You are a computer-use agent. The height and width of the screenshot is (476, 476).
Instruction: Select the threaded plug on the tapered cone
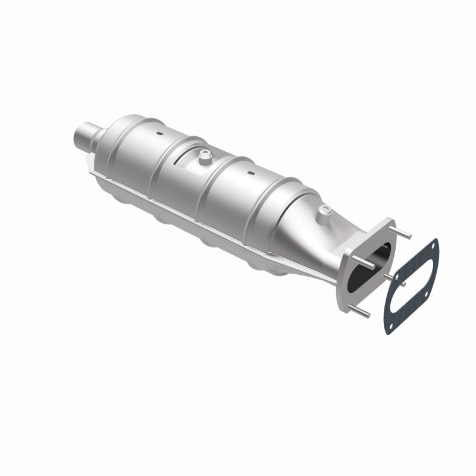(324, 209)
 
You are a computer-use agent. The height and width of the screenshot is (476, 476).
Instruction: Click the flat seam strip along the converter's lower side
(196, 214)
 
